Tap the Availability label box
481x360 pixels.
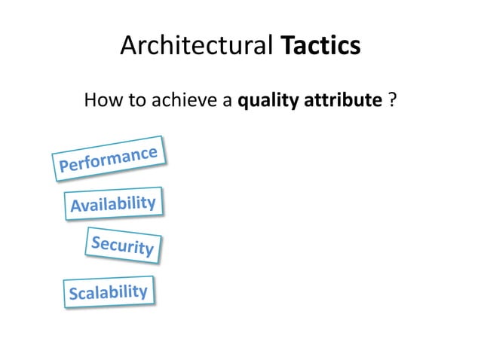click(x=113, y=203)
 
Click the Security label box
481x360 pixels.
click(x=123, y=245)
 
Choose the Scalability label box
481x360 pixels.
click(x=109, y=292)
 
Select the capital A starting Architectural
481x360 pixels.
click(x=129, y=47)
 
